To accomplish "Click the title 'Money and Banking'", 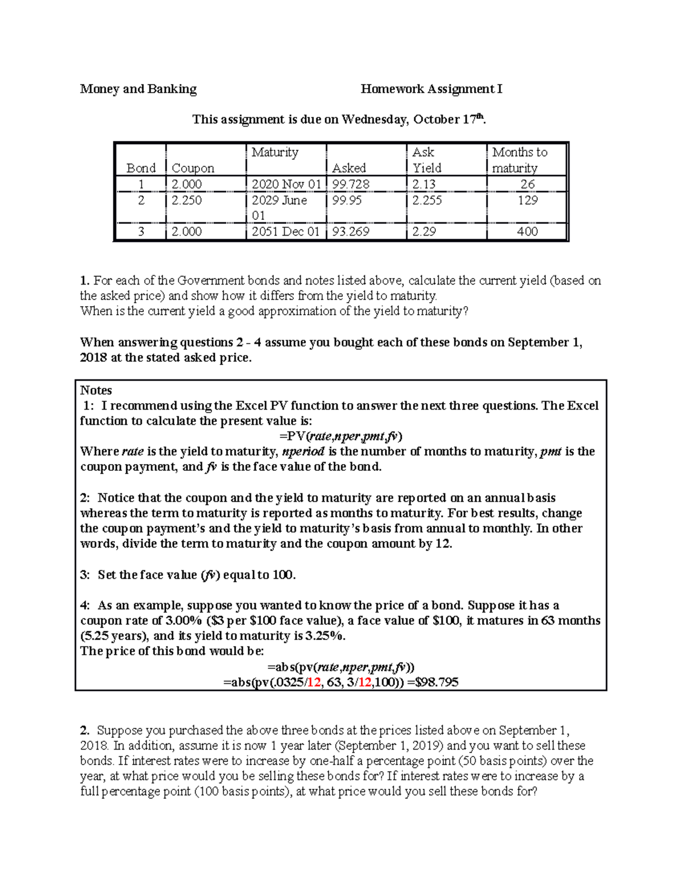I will click(138, 89).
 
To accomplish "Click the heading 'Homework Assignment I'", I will click(431, 89).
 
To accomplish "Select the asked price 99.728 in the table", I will click(351, 184).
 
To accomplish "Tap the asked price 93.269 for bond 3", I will click(351, 231).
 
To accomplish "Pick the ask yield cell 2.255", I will click(427, 200).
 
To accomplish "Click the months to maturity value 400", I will click(527, 231).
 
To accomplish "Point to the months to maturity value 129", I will click(527, 200).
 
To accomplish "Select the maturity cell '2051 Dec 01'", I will click(285, 231).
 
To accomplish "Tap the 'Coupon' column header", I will click(193, 168).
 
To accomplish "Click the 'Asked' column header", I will click(348, 168).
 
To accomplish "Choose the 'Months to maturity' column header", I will click(519, 160).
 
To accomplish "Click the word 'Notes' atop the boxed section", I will click(96, 390).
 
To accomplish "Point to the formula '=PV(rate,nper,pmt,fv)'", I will click(340, 436).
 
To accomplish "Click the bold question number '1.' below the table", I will click(85, 281).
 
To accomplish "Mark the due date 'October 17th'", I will click(449, 119).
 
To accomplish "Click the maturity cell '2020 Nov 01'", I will click(285, 184).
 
